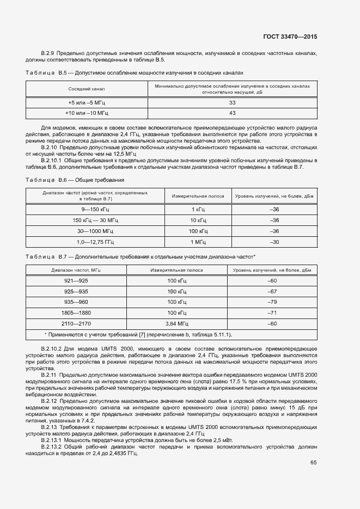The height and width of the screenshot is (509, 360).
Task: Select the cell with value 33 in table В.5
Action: pos(232,102)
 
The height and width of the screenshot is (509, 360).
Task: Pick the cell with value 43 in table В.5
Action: pos(232,113)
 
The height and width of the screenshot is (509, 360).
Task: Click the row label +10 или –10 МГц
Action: pos(87,113)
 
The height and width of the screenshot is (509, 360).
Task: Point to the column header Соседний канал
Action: pos(87,88)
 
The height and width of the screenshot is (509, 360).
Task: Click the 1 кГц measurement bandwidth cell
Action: pos(198,209)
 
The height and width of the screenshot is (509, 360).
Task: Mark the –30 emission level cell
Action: pos(274,242)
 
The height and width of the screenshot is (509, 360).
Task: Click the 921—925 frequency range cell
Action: pos(76,280)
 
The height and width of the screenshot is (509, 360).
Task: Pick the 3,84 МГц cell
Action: pos(176,324)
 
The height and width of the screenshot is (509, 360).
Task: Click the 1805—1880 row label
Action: pos(76,313)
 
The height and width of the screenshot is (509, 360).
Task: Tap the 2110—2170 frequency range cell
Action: pos(76,324)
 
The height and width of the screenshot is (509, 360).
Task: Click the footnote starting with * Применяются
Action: pos(141,334)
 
